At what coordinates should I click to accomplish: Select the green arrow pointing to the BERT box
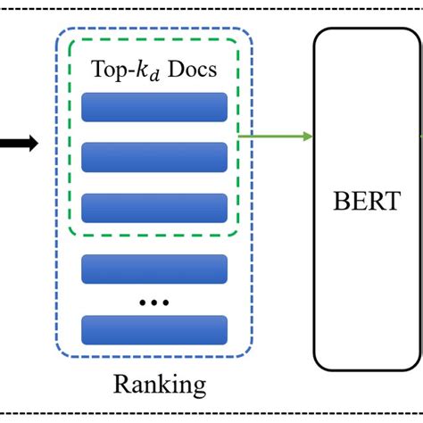pyautogui.click(x=272, y=136)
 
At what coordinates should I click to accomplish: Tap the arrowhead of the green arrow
pyautogui.click(x=307, y=136)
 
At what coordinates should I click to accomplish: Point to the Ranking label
pyautogui.click(x=160, y=385)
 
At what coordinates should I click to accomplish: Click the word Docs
pyautogui.click(x=191, y=70)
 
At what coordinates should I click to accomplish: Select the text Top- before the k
pyautogui.click(x=109, y=70)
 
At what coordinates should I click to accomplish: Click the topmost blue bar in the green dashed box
pyautogui.click(x=154, y=106)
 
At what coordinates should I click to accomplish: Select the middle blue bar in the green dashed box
pyautogui.click(x=154, y=156)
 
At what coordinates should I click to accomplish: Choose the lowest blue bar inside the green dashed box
pyautogui.click(x=154, y=207)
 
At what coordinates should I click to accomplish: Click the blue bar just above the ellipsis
pyautogui.click(x=154, y=268)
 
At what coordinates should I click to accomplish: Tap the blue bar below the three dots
pyautogui.click(x=154, y=328)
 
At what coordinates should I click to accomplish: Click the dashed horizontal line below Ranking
pyautogui.click(x=211, y=414)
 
